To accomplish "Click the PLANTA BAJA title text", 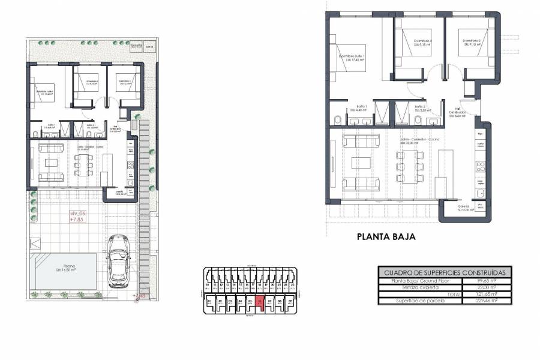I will (x=386, y=237).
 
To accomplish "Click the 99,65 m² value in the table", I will (x=487, y=280).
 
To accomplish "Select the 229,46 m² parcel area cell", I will (x=487, y=300).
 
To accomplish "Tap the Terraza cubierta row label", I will (x=420, y=287).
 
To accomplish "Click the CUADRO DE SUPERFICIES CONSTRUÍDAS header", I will (x=445, y=272).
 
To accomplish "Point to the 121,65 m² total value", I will (x=487, y=293).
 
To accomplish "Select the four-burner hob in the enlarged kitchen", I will (x=480, y=163).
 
